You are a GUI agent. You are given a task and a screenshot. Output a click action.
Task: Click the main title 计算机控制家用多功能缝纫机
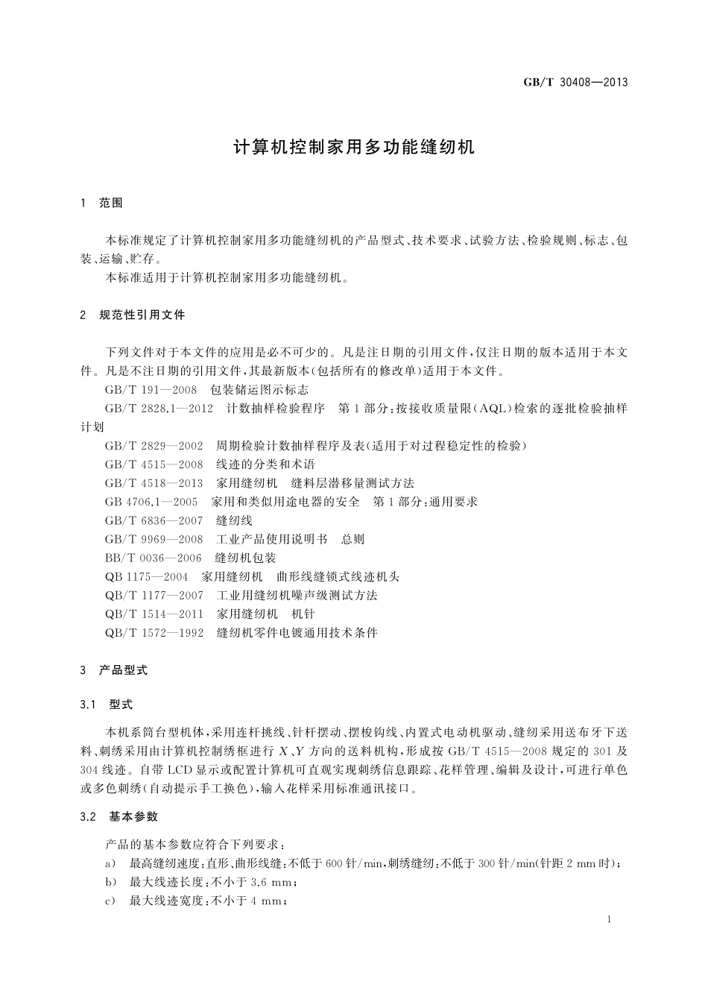tap(354, 147)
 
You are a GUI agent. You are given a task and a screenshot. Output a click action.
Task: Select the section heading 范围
tap(111, 203)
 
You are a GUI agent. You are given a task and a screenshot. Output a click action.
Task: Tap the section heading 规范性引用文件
tap(142, 315)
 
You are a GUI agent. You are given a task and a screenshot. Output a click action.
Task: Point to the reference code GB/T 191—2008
tap(151, 390)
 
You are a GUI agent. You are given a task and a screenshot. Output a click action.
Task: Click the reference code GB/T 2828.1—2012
tap(159, 409)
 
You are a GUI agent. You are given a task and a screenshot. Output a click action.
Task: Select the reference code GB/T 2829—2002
tap(154, 446)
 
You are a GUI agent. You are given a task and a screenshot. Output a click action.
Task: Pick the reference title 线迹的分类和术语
tap(266, 464)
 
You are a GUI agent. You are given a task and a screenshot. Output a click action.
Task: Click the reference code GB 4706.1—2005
tap(151, 502)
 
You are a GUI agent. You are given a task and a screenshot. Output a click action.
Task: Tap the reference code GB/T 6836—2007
tap(154, 520)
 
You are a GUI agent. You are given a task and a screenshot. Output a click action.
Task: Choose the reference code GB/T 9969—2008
tap(154, 539)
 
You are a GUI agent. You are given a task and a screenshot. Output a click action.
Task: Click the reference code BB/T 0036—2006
tap(154, 558)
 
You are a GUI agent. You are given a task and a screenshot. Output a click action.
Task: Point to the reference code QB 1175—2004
tap(147, 576)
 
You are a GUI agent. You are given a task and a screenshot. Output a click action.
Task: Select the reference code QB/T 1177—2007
tap(154, 595)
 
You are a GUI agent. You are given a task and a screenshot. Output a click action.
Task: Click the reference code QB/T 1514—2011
tap(154, 614)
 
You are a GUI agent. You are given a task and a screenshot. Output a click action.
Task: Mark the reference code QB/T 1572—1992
tap(154, 632)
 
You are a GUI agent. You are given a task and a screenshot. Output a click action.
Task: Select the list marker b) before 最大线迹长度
tap(111, 882)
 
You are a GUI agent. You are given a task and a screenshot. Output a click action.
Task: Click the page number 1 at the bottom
tap(609, 919)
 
